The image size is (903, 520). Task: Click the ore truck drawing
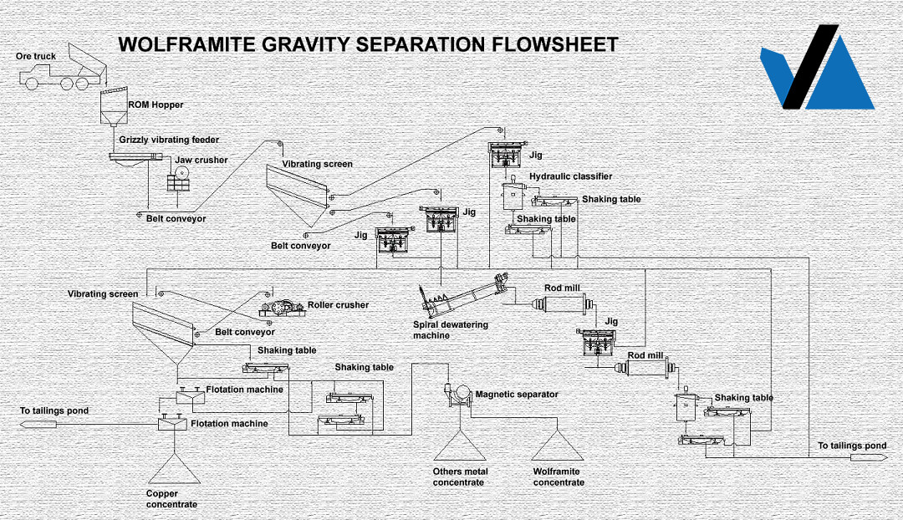tap(63, 74)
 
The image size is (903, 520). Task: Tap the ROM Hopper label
tap(156, 105)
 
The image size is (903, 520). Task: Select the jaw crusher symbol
tap(180, 181)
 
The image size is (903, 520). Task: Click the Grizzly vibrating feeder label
tap(169, 140)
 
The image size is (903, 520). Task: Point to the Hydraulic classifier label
tap(570, 176)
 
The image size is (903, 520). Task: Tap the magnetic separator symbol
tap(456, 395)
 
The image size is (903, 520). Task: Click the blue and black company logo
tap(815, 69)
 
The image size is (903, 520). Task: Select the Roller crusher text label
tap(338, 305)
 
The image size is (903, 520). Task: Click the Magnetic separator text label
tap(517, 395)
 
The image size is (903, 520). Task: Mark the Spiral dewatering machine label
tap(450, 330)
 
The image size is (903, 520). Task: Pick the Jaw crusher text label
tap(202, 161)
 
